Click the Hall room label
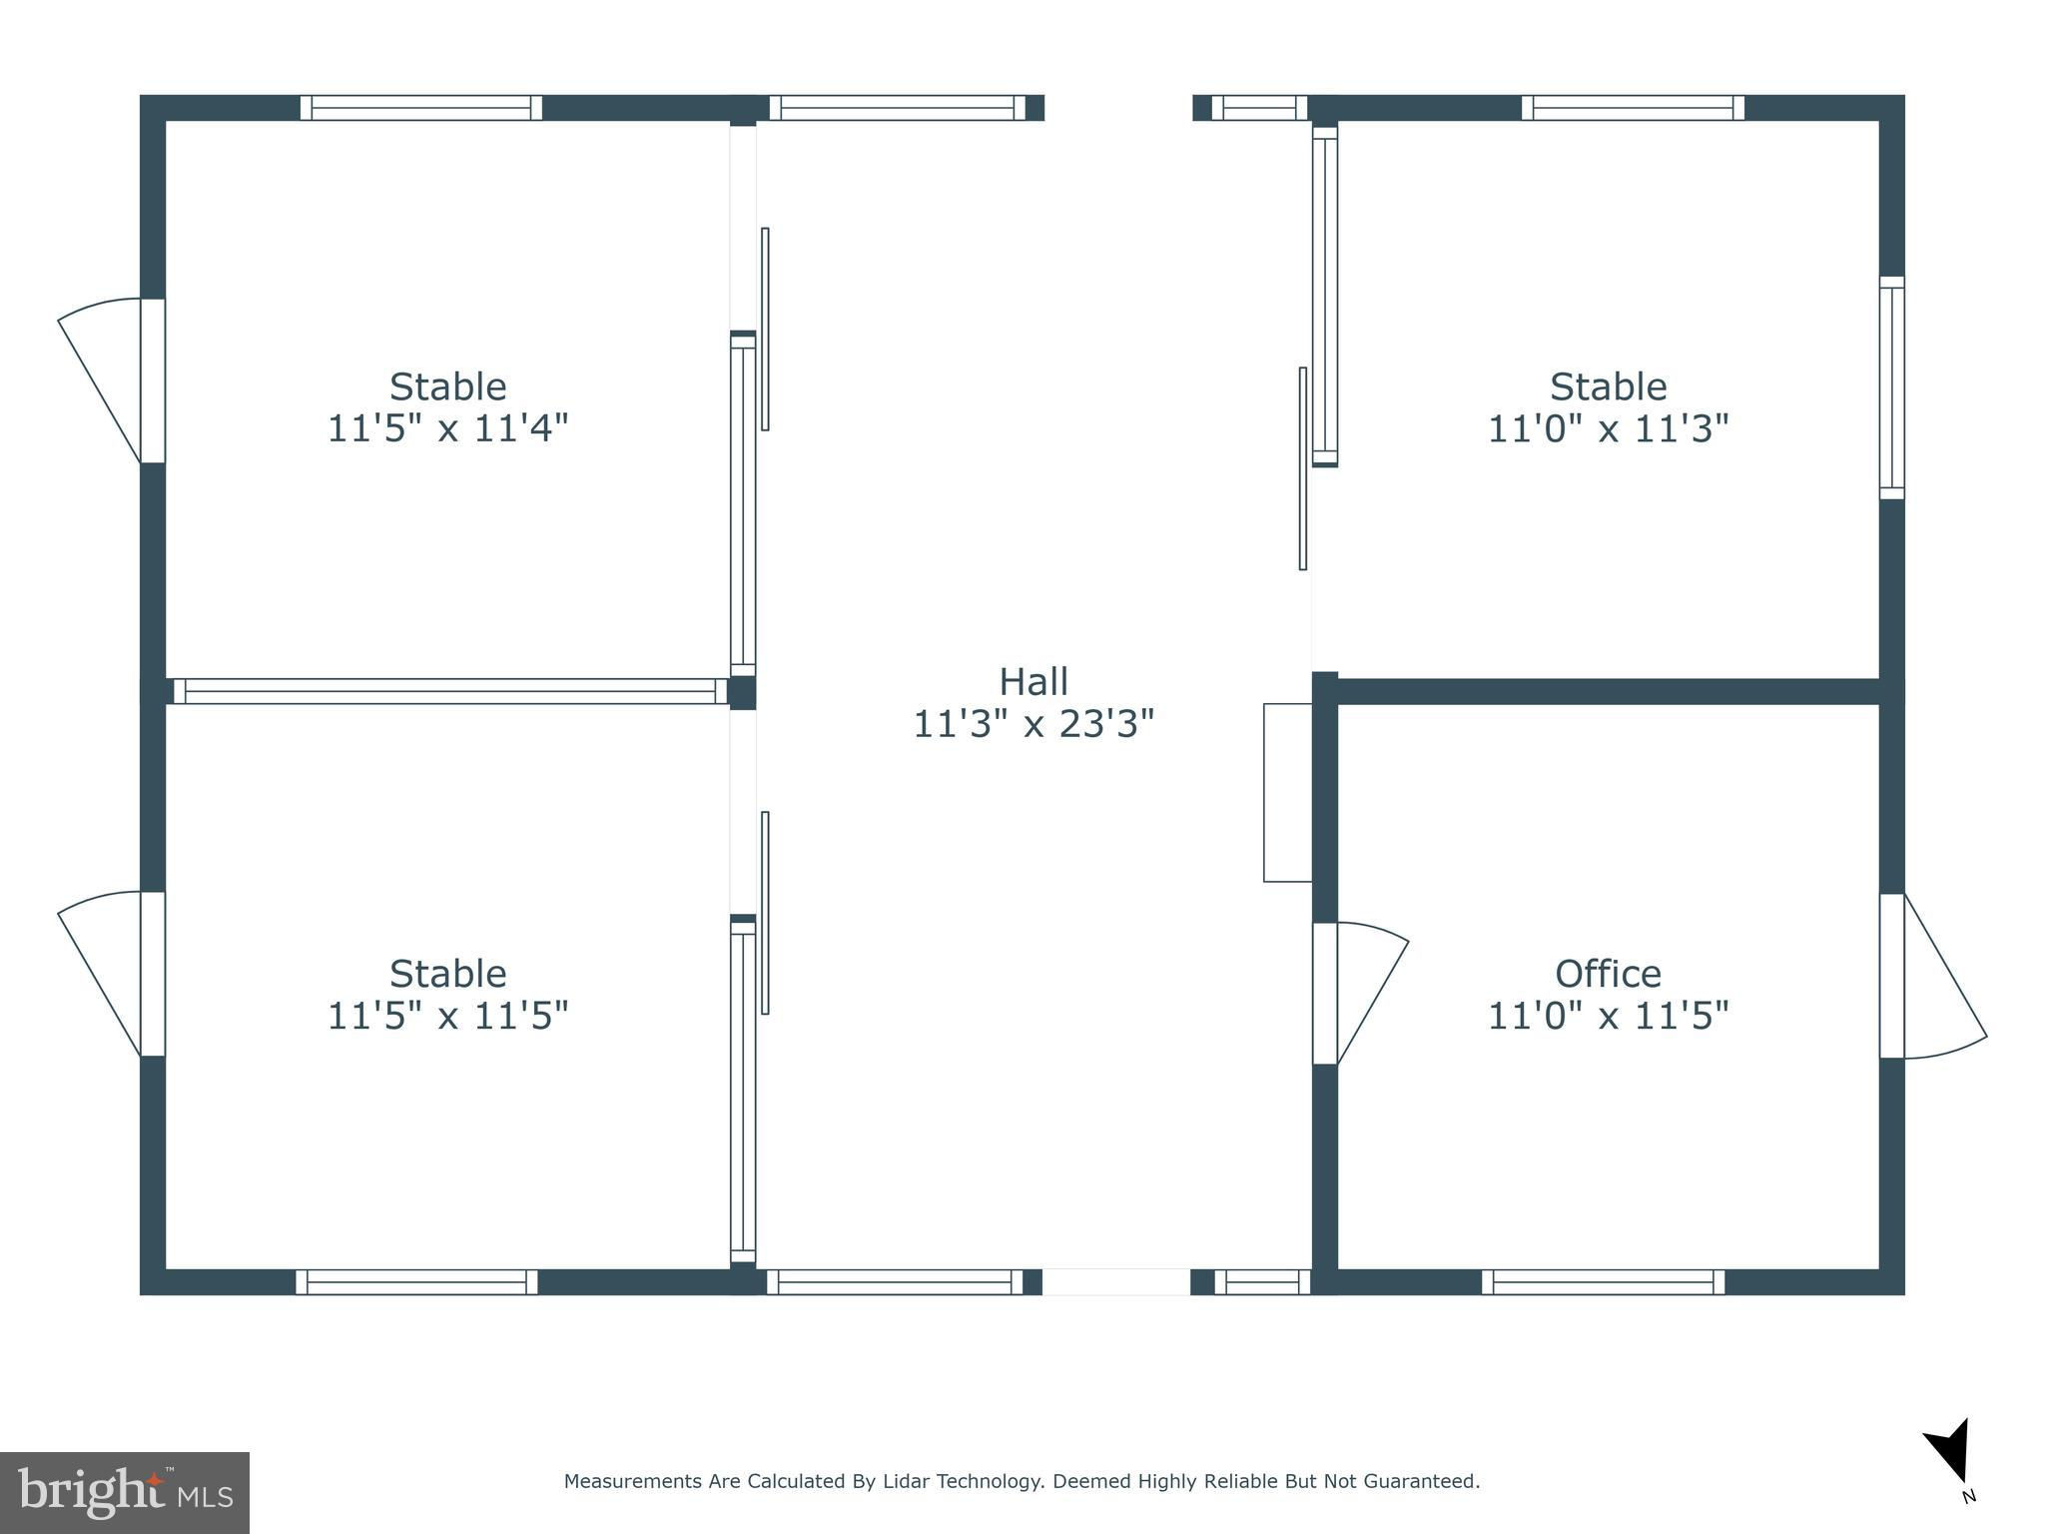[x=1033, y=682]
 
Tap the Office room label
[x=1608, y=974]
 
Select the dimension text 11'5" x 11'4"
[x=448, y=428]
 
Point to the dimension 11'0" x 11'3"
[x=1608, y=428]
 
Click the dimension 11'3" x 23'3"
[x=1033, y=724]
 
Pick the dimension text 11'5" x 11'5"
[x=448, y=1016]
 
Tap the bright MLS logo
[x=125, y=1492]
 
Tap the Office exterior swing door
[x=1933, y=976]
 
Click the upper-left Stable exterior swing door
[x=111, y=381]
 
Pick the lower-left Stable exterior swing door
[x=111, y=974]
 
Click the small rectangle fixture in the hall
[x=1288, y=793]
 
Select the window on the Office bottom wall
[x=1604, y=1282]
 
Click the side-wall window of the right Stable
[x=1892, y=387]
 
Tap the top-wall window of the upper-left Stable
[x=421, y=108]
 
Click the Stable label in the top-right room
[x=1608, y=386]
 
